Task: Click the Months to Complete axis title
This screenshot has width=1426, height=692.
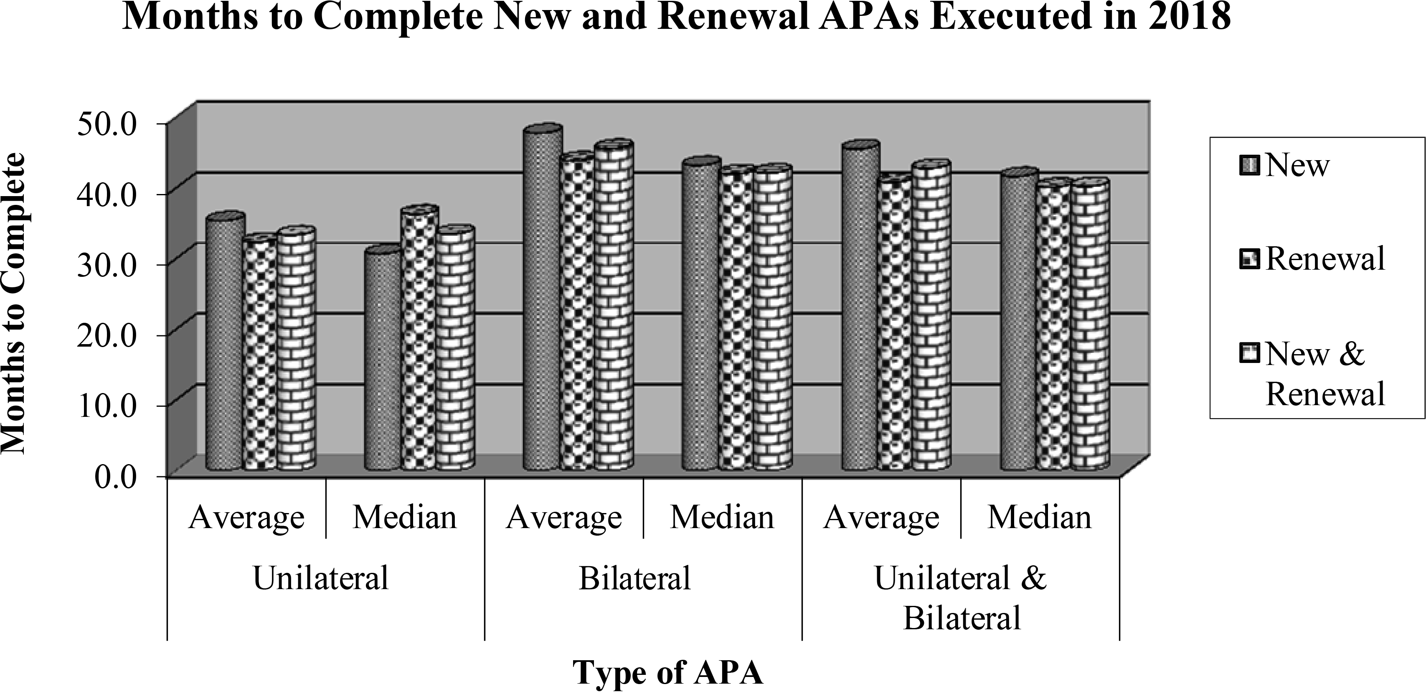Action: click(x=14, y=304)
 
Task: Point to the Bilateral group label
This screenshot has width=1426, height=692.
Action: click(x=635, y=578)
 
